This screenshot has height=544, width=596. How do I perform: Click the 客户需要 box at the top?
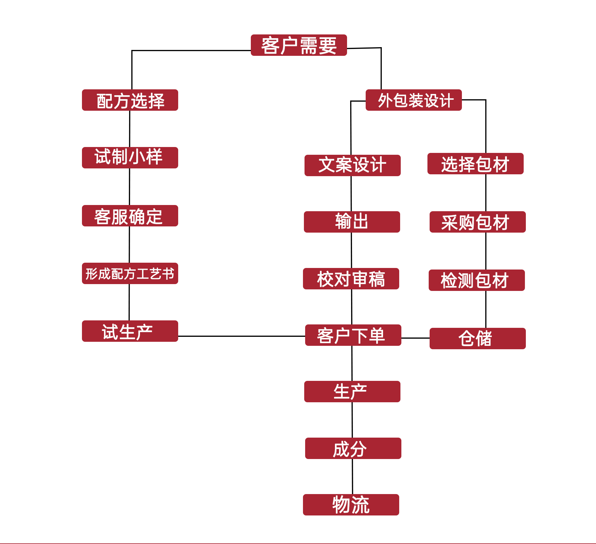[299, 45]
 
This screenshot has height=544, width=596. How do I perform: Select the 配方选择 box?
[130, 100]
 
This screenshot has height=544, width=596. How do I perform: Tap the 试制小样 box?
[130, 158]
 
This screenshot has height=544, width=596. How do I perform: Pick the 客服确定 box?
[130, 216]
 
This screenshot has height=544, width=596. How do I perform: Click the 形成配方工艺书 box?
[130, 274]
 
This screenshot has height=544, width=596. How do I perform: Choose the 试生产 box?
[130, 331]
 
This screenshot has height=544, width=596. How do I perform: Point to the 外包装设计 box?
[413, 100]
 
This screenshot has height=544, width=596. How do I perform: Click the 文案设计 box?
[353, 166]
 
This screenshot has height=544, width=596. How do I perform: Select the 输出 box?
[352, 222]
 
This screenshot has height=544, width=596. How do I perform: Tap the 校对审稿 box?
[351, 279]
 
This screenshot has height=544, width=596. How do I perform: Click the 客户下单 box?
[353, 335]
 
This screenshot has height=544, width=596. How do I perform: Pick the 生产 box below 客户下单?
[352, 392]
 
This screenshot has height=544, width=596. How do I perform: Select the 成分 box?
[353, 448]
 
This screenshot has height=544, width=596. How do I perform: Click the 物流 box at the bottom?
[351, 505]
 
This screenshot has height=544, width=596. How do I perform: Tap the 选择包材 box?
[476, 164]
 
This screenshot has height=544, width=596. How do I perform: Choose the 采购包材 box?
[478, 222]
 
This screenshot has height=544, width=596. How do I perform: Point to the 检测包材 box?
[477, 280]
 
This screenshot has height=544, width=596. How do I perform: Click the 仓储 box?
[478, 339]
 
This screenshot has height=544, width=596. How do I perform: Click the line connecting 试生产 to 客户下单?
[242, 336]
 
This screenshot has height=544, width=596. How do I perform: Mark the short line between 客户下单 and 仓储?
[415, 338]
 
